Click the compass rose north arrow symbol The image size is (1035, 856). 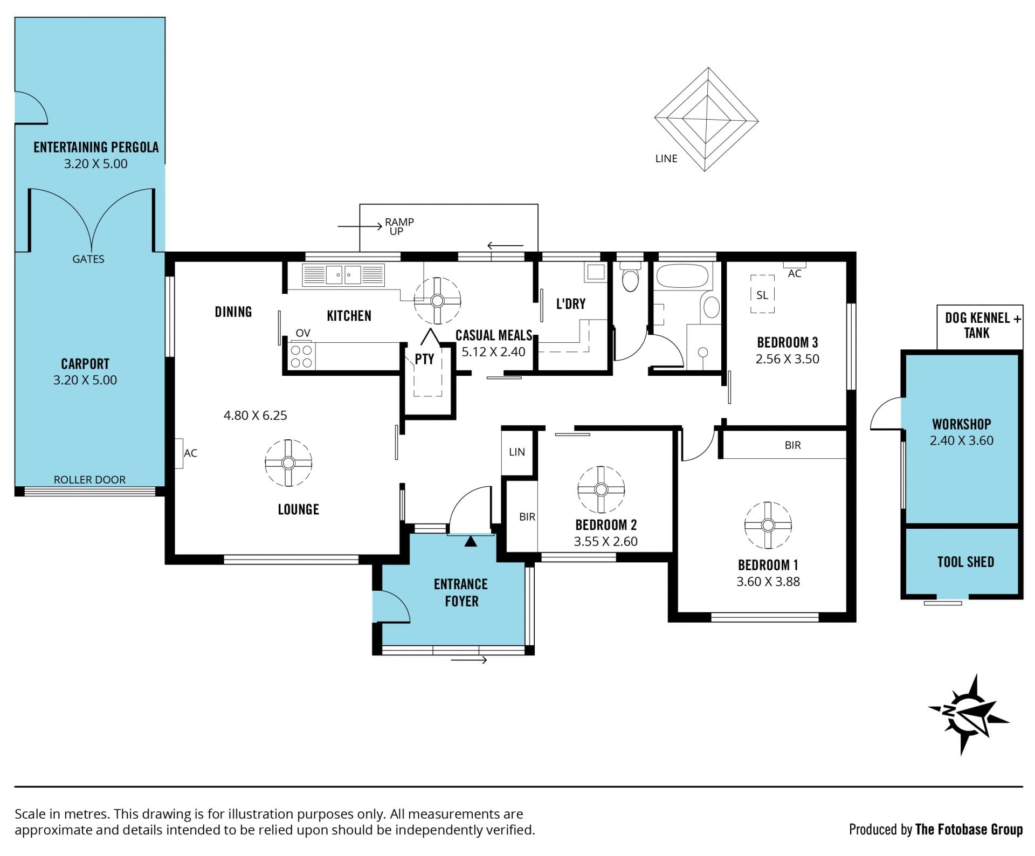(x=968, y=714)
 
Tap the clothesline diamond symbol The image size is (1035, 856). (x=706, y=119)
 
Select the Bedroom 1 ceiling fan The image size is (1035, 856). (x=768, y=525)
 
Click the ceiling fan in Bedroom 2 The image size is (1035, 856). (x=601, y=489)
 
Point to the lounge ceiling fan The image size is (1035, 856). (x=288, y=462)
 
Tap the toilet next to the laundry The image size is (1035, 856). (x=630, y=277)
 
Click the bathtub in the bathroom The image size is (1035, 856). (x=682, y=276)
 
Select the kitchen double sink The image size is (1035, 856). (x=343, y=275)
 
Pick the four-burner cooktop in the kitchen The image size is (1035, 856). (x=302, y=356)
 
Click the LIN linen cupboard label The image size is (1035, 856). (x=517, y=452)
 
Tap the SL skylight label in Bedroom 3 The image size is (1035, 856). (x=762, y=295)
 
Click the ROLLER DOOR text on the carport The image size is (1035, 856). (x=89, y=480)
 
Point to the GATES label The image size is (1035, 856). (x=88, y=259)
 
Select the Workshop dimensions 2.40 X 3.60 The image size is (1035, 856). (x=962, y=440)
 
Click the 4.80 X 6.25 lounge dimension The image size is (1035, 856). (x=256, y=415)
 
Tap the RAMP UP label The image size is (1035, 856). (x=399, y=226)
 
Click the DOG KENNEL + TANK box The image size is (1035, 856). (x=980, y=327)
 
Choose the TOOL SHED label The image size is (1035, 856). (x=965, y=562)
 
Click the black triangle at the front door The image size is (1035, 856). (x=471, y=541)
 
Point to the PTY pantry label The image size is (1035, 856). (x=425, y=359)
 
